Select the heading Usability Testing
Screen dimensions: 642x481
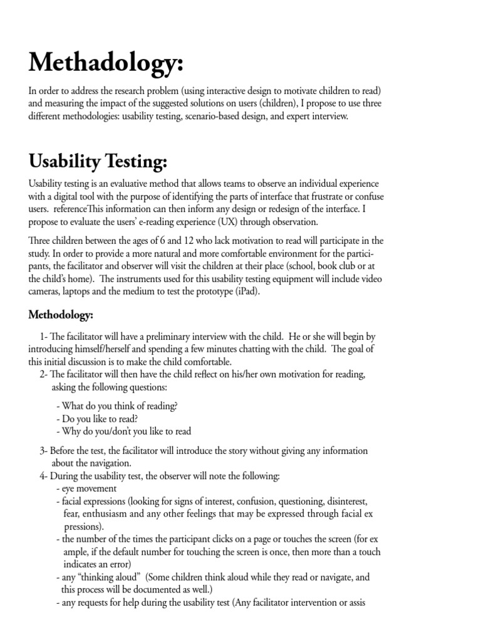(x=98, y=161)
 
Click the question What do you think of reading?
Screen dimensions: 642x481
(x=116, y=406)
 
